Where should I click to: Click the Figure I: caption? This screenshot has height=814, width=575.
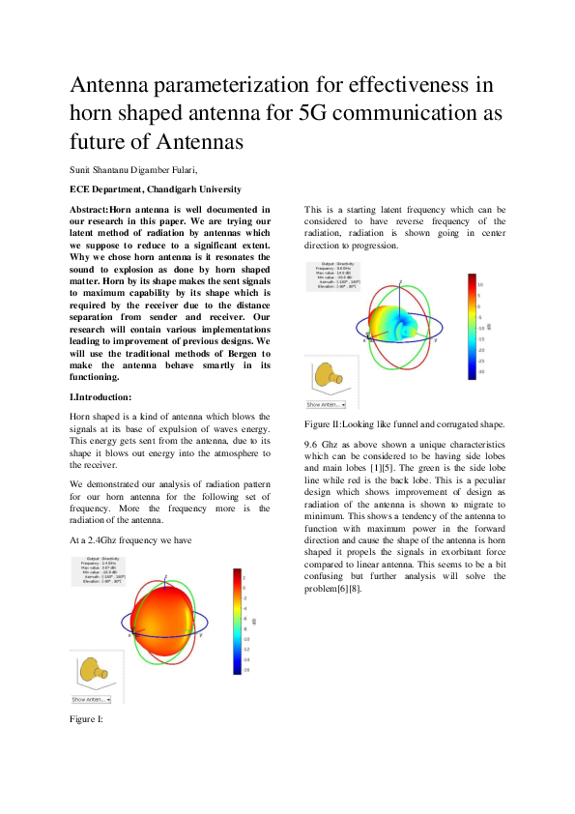(86, 719)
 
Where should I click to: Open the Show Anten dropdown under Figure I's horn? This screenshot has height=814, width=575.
(91, 699)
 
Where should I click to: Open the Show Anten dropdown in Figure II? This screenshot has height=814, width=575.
(326, 405)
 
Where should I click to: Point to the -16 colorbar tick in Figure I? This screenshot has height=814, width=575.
(247, 669)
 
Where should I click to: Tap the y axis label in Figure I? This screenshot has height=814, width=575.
(200, 636)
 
